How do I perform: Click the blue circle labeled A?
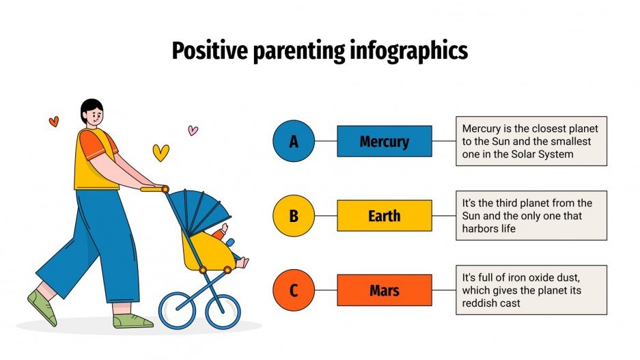coord(294,141)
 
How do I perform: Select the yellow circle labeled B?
coord(294,216)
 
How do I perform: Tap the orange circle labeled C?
coord(294,290)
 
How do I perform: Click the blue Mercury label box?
coord(384,141)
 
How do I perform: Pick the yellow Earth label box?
coord(384,216)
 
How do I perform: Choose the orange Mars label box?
coord(384,290)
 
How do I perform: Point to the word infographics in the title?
coord(412,52)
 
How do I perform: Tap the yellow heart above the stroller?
coord(161,152)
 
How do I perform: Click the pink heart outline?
coord(193,130)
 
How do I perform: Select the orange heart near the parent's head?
coord(54,122)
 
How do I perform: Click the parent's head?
coord(92,113)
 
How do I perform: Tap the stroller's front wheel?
coord(223,311)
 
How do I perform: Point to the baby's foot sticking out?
coord(242,262)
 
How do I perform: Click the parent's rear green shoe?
coord(42,307)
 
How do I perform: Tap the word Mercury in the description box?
coord(482,128)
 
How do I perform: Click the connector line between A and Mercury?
coord(326,141)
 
